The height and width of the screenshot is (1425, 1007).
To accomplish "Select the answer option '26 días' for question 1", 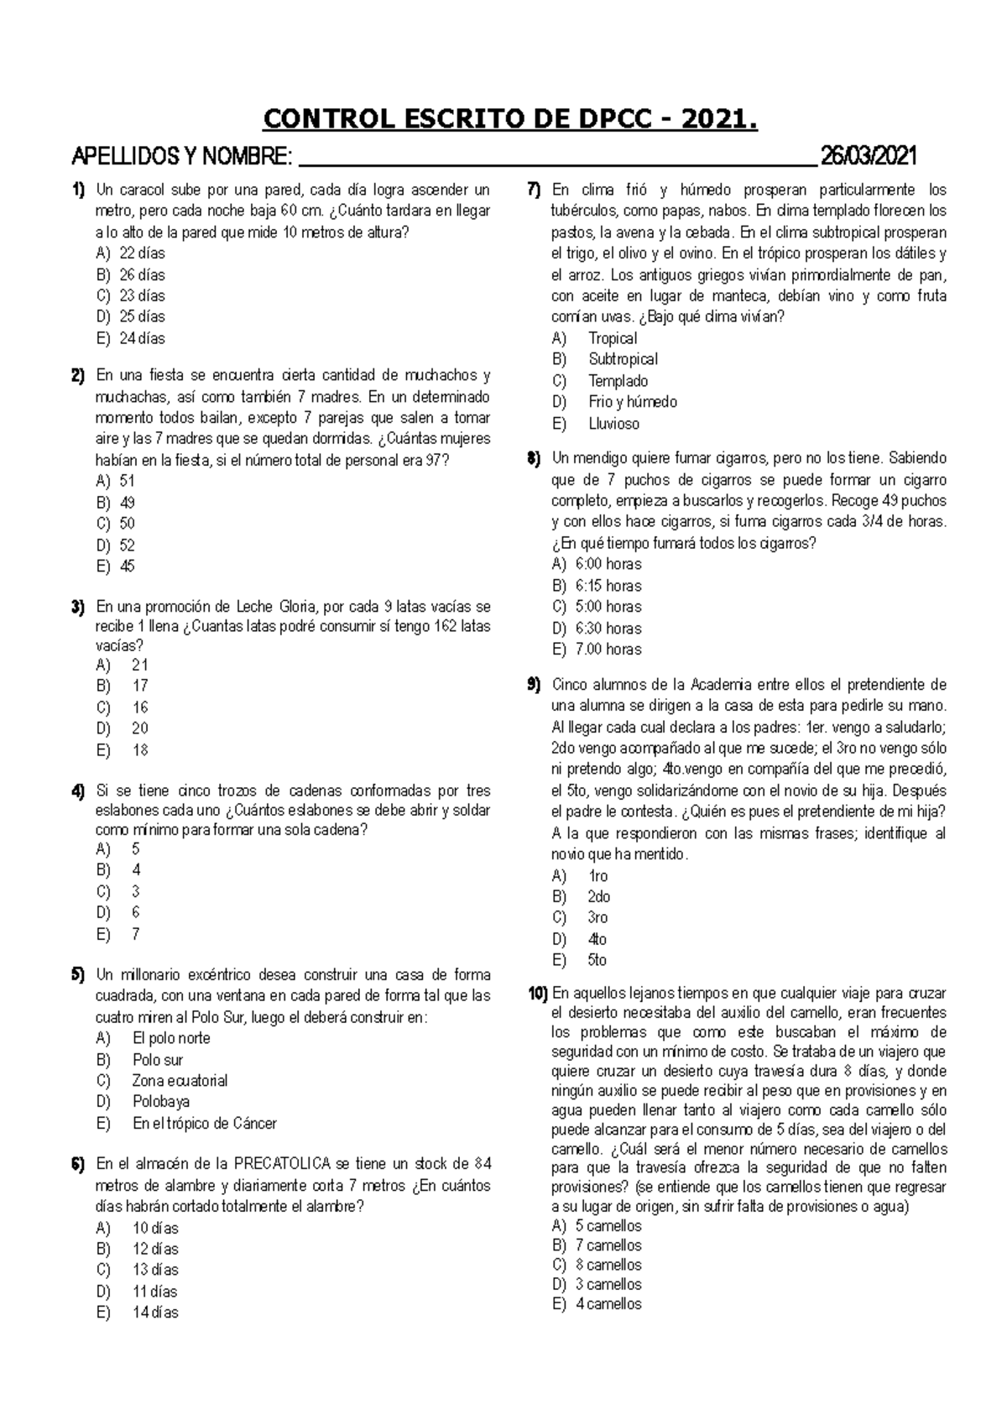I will (142, 274).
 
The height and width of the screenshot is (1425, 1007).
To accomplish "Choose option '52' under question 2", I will (127, 545).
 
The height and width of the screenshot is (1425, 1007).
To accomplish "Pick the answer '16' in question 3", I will (140, 707).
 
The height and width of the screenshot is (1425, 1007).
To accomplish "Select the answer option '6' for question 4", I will (136, 912).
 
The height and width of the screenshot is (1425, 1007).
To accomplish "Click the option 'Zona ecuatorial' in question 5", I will (180, 1081).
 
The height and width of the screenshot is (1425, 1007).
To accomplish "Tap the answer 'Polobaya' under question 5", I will (161, 1102).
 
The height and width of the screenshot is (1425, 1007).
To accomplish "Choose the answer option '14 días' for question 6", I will (155, 1313).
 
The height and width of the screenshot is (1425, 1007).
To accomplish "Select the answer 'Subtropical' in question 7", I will (623, 359).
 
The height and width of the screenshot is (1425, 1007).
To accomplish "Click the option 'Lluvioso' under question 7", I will (613, 424).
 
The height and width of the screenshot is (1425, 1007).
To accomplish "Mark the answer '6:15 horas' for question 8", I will (608, 586).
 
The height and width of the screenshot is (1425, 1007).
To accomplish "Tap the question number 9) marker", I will (534, 685).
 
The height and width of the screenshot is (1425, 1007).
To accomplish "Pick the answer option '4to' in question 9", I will (597, 939).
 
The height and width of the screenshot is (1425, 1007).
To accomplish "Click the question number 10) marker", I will (537, 994).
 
